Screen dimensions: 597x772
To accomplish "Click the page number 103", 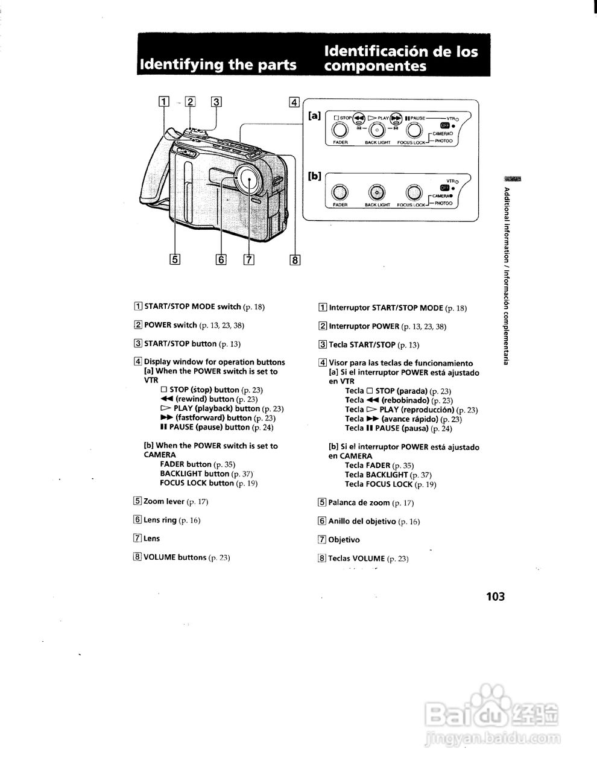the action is [494, 596].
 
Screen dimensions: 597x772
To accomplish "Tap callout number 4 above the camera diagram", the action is [294, 102].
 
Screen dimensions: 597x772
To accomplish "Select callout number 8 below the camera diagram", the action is [295, 260].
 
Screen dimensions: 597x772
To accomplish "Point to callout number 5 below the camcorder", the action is [175, 259].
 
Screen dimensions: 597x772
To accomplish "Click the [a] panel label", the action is [314, 115].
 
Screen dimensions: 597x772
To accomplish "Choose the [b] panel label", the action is [314, 176].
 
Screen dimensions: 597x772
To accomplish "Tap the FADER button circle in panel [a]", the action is [341, 130].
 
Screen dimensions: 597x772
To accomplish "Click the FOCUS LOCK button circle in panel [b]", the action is [414, 192].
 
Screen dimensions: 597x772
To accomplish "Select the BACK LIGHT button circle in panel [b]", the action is [377, 192].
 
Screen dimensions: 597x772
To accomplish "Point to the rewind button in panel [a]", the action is [359, 118].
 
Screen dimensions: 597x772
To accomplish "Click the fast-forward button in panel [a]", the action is [396, 118].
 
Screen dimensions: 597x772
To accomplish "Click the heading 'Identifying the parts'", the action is [218, 65].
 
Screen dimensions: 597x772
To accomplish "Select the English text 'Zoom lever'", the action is [163, 501].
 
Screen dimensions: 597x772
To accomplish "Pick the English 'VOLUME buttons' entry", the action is [175, 557].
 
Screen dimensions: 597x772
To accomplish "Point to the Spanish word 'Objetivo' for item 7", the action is [344, 540].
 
